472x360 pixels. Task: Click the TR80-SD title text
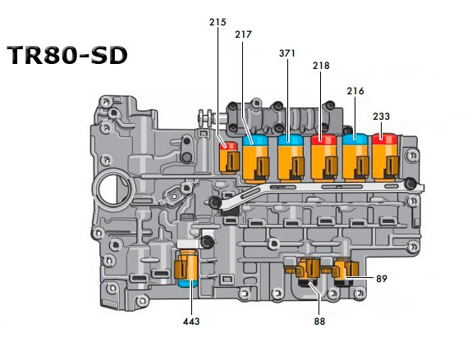[67, 55]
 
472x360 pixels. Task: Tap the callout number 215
[218, 22]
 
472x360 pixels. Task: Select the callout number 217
[243, 34]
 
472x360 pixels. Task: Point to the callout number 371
[287, 53]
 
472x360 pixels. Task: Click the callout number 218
[321, 66]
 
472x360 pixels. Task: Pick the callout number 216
[355, 91]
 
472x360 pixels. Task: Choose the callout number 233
[381, 116]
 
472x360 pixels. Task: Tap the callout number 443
[191, 321]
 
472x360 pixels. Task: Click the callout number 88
[319, 321]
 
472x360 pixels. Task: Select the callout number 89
[382, 279]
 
